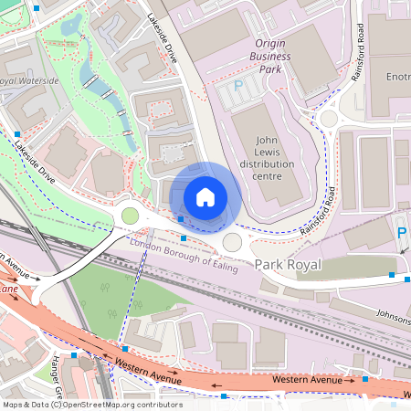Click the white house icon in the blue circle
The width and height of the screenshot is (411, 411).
tap(205, 196)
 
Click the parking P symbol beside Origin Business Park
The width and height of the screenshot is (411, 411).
tap(239, 85)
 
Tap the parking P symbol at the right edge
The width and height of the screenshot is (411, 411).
tap(402, 234)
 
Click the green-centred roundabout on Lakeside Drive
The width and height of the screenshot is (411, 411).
tap(130, 216)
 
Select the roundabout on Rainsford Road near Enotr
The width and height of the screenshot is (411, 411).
tap(329, 119)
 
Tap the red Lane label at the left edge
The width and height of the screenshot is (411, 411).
tap(9, 290)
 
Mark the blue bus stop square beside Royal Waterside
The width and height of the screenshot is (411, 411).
tap(17, 133)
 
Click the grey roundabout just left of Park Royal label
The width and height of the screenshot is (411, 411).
tap(233, 242)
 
